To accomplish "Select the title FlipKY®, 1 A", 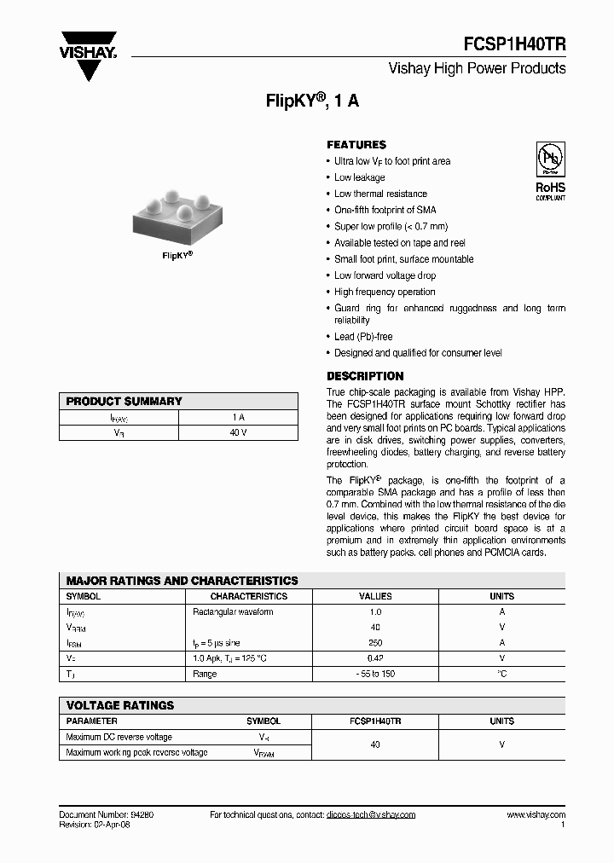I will click(312, 100).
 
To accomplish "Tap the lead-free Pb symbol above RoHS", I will click(550, 159).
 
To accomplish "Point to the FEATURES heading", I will click(356, 145).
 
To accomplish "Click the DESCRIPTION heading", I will click(365, 376).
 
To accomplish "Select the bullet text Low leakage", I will click(359, 177).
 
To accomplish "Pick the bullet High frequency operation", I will click(385, 292).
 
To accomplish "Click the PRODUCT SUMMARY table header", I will click(125, 401).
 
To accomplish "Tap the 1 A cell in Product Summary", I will click(238, 417).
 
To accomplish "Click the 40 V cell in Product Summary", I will click(238, 433).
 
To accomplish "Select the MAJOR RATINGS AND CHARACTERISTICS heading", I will click(182, 581).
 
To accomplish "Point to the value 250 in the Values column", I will click(375, 643).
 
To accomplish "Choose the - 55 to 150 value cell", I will click(375, 674).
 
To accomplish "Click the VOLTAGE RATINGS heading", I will click(120, 705).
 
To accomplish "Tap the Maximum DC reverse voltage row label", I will click(119, 737).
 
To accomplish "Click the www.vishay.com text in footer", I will click(536, 815).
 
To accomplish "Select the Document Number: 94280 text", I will click(106, 815).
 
